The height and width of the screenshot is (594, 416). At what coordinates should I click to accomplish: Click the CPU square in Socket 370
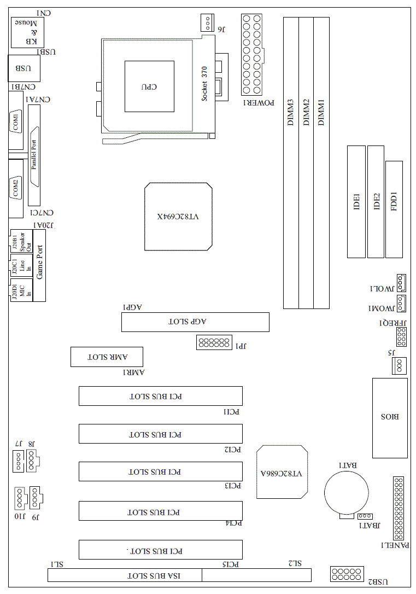point(149,86)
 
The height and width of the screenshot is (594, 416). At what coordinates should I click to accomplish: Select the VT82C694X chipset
point(178,217)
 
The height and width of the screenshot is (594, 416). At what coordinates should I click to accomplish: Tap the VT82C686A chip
point(282,471)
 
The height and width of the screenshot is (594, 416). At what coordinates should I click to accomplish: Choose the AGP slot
point(195,322)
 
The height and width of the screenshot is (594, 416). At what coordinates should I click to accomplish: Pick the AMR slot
point(107,357)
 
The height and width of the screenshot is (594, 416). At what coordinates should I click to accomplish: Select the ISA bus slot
point(125,575)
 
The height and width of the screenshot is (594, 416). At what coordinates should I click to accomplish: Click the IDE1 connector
point(356,201)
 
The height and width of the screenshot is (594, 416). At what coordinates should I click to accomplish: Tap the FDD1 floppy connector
point(394,209)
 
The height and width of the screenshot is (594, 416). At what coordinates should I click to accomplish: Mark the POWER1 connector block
point(251,55)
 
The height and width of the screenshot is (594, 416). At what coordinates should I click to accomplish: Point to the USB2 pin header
point(347,574)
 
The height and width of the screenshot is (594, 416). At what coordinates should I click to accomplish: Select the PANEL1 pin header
point(398,508)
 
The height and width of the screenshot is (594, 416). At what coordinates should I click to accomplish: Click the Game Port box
point(39,266)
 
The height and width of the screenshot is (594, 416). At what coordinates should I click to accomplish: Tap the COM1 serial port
point(16,121)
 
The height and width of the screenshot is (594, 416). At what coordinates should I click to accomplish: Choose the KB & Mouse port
point(27,33)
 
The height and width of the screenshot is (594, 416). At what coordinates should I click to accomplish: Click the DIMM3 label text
point(291,113)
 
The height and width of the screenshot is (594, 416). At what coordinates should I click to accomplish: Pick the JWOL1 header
point(401,283)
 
